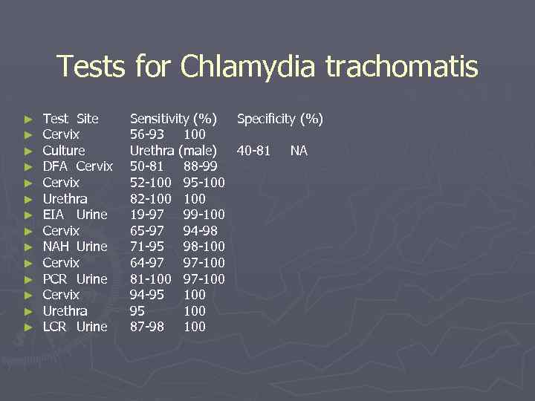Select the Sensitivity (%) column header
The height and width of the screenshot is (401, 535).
pyautogui.click(x=173, y=119)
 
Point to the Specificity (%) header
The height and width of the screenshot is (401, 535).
pyautogui.click(x=279, y=119)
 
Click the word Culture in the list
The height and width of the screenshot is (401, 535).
pyautogui.click(x=64, y=151)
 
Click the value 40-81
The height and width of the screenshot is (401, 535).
pyautogui.click(x=253, y=151)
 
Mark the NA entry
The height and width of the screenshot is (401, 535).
pyautogui.click(x=299, y=151)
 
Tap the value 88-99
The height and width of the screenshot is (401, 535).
pyautogui.click(x=200, y=166)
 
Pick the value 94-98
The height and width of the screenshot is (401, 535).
pyautogui.click(x=200, y=231)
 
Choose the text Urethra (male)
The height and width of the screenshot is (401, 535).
pyautogui.click(x=173, y=151)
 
